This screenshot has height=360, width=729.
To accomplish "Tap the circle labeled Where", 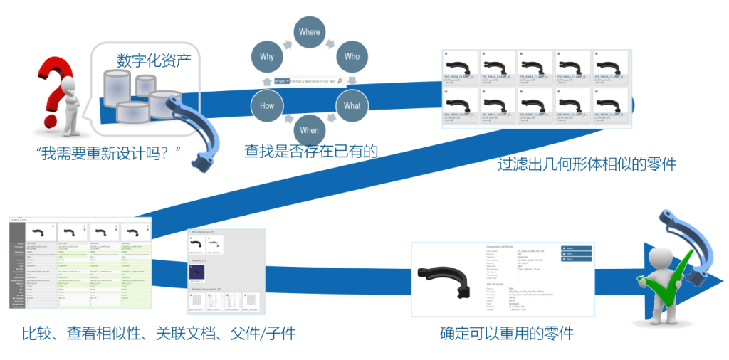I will pyautogui.click(x=309, y=32).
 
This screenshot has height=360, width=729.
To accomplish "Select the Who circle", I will pyautogui.click(x=352, y=56).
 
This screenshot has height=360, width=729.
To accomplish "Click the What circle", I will pyautogui.click(x=352, y=105).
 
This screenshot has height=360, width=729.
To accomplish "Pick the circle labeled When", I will pyautogui.click(x=309, y=130).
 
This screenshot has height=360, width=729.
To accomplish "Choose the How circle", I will pyautogui.click(x=266, y=105).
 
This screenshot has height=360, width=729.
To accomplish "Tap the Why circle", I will pyautogui.click(x=266, y=56).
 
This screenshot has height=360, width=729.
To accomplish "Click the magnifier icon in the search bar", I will pyautogui.click(x=340, y=81).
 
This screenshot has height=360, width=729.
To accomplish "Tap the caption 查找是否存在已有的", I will pyautogui.click(x=310, y=151).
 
